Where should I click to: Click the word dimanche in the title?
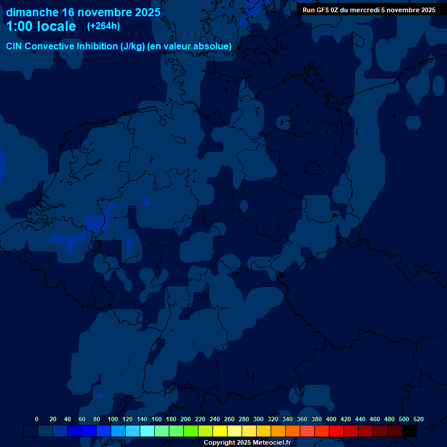(32, 12)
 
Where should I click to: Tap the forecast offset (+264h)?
(104, 26)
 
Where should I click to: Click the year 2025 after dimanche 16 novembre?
(143, 12)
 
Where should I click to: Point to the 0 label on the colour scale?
(37, 420)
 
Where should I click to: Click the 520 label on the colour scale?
(418, 420)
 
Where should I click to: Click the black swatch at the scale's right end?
(409, 431)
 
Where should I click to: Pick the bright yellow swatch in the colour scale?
(220, 431)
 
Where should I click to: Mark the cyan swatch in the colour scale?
(147, 431)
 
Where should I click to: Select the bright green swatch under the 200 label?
(191, 431)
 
